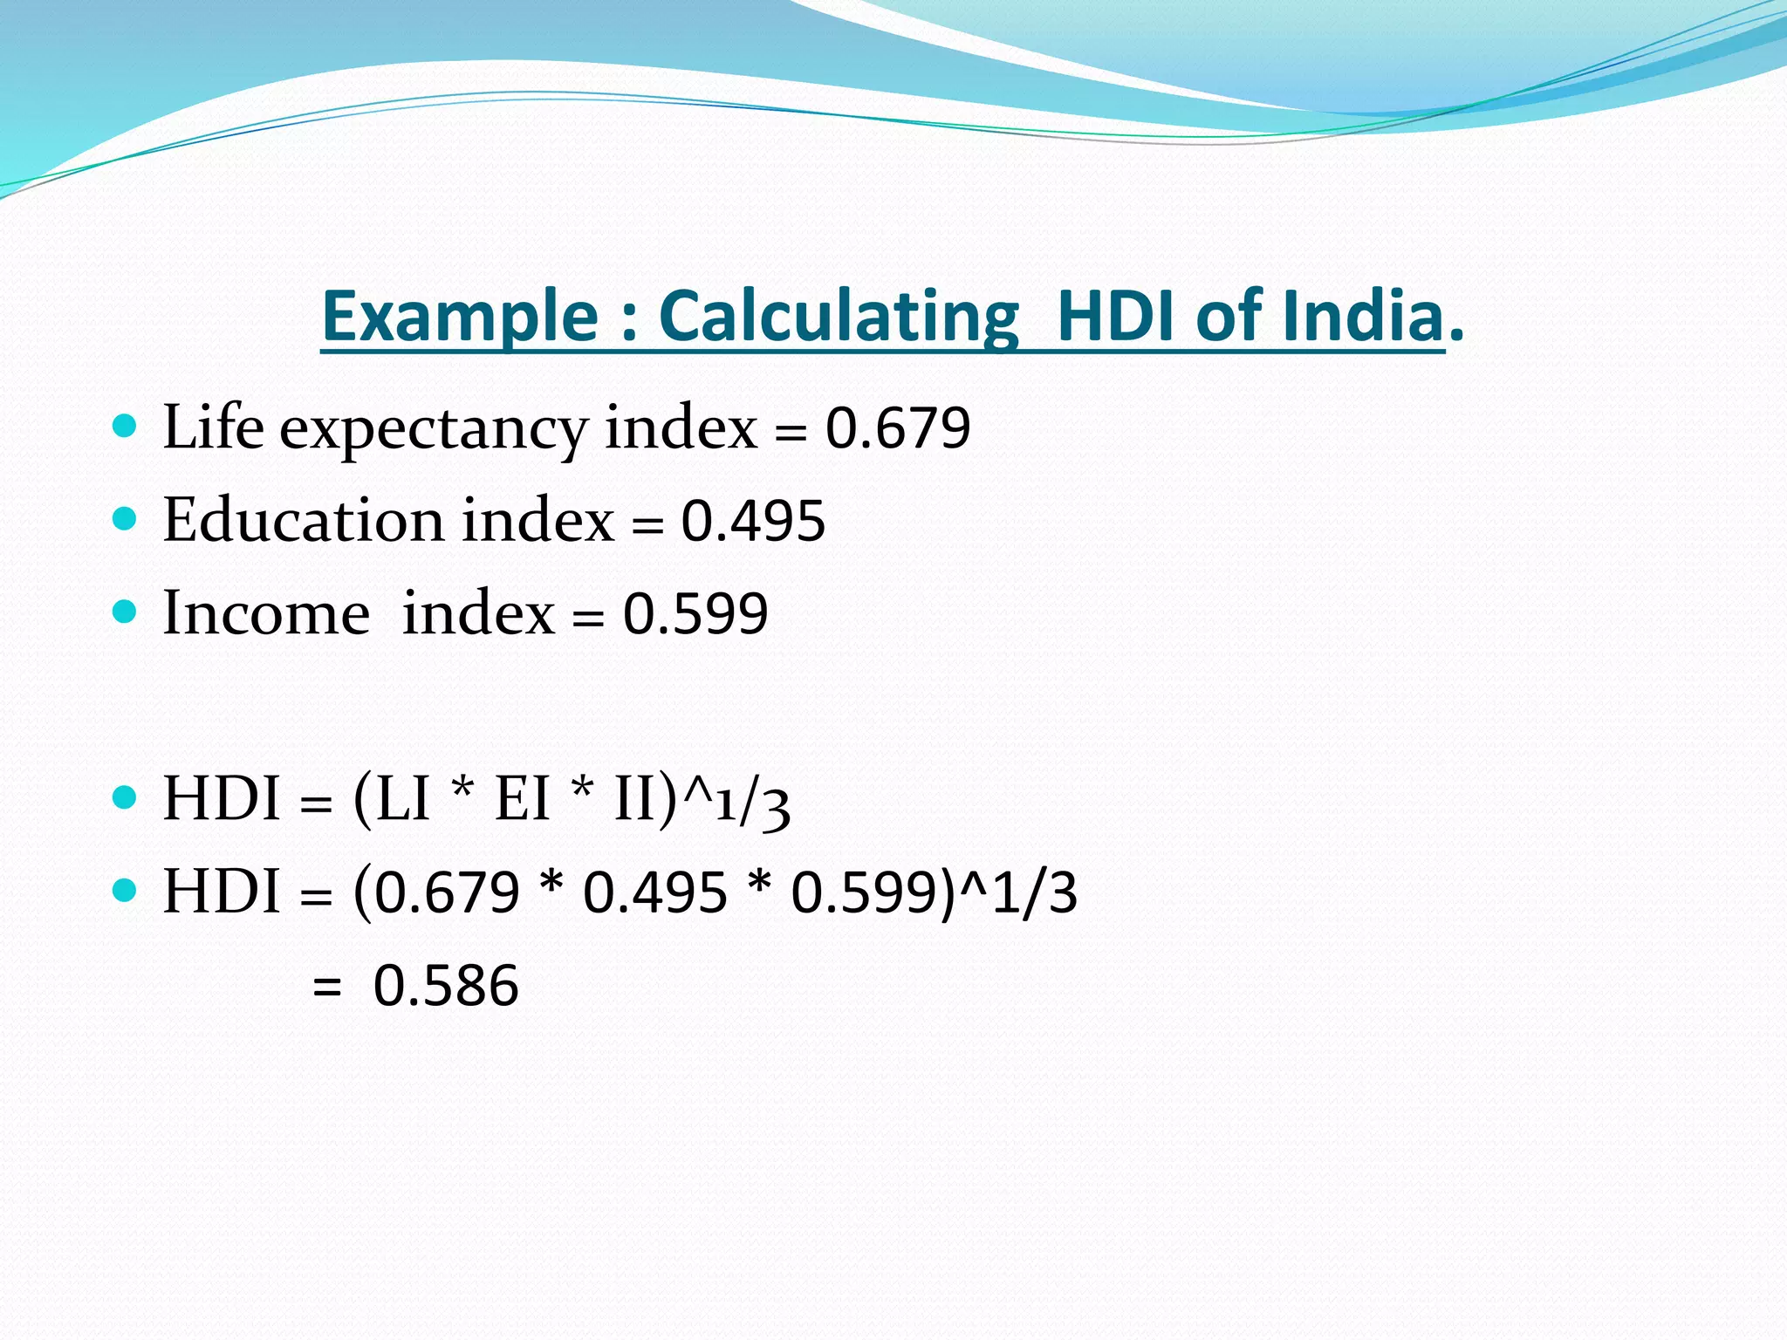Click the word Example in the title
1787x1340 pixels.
coord(460,316)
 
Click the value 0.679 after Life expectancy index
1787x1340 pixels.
coord(898,428)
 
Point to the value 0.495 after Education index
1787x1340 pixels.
coord(753,521)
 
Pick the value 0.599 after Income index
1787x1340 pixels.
coord(695,613)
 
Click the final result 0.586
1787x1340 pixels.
coord(446,987)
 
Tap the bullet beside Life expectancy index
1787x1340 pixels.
coord(126,427)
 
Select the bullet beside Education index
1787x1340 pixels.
coord(126,519)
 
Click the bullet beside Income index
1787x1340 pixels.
coord(126,612)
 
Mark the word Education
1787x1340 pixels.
coord(304,520)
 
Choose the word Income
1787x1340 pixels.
coord(266,612)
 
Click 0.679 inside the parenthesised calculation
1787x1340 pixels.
coord(447,893)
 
